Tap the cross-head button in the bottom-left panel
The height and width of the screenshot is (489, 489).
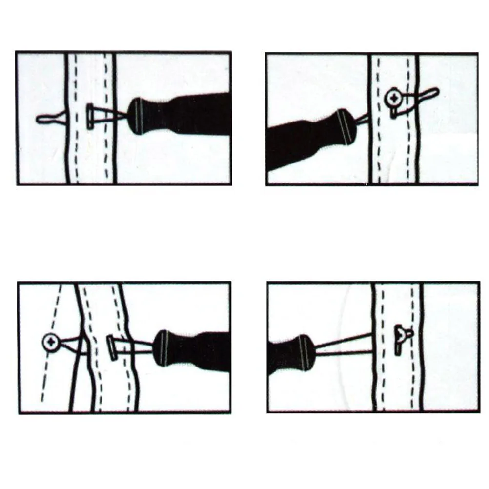click(x=51, y=343)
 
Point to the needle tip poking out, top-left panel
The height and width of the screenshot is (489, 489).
click(x=46, y=119)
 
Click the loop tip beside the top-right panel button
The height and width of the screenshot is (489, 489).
click(x=429, y=93)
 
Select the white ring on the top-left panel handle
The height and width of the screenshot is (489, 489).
click(x=137, y=116)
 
